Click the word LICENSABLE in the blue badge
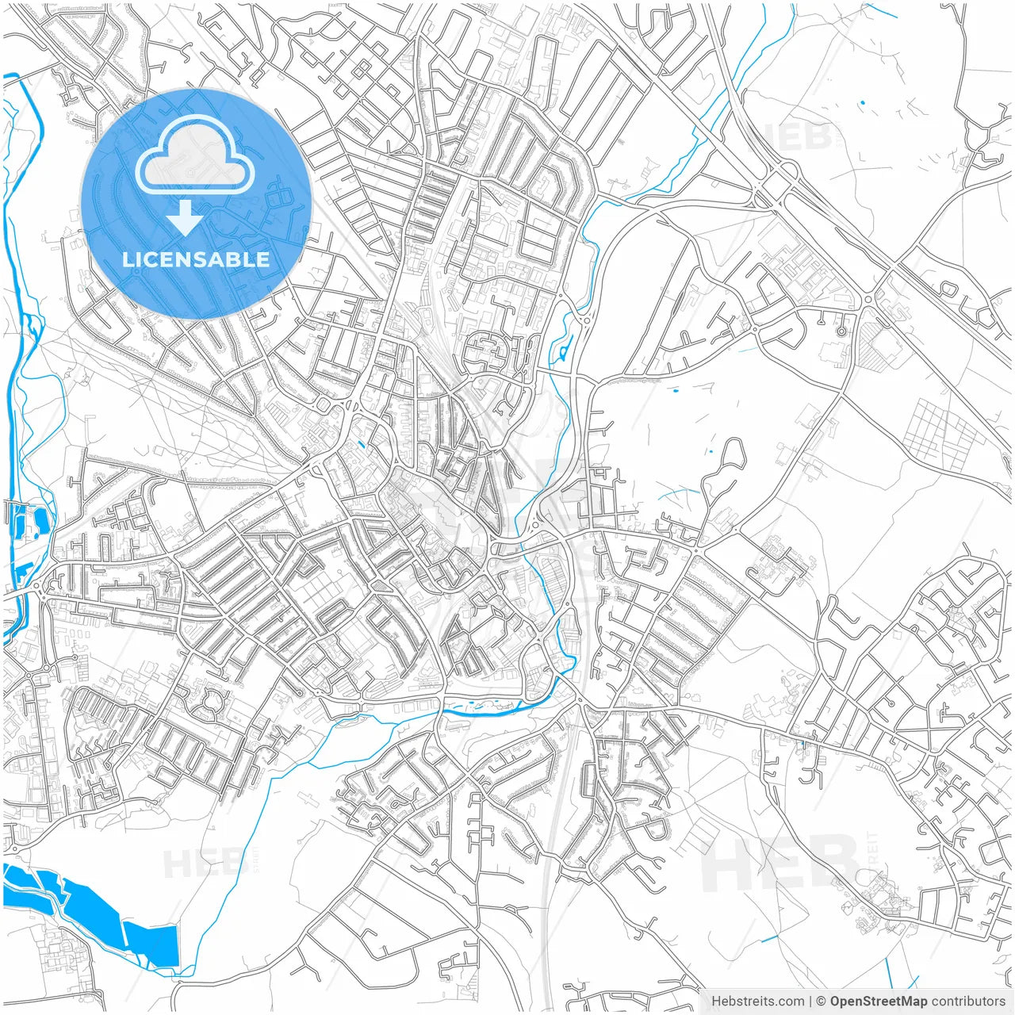coord(196,259)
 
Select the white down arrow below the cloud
coord(186,217)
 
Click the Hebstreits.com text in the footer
coord(757,1002)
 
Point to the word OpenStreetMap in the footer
coord(879,1002)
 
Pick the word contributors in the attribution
coord(968,1002)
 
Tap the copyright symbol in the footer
coord(822,1002)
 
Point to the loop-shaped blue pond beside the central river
coord(565,347)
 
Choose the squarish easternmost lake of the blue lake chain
coord(151,944)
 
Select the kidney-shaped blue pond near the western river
coord(38,521)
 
